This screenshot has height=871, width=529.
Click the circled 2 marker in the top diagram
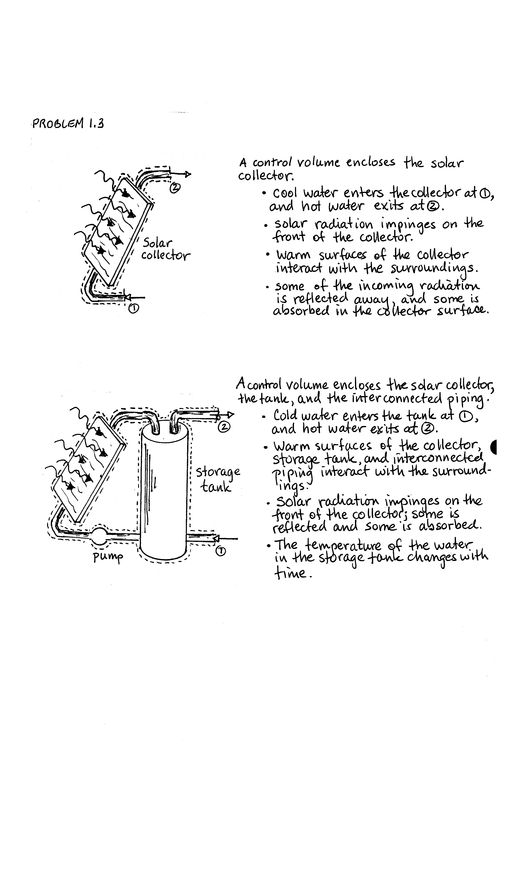click(175, 188)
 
